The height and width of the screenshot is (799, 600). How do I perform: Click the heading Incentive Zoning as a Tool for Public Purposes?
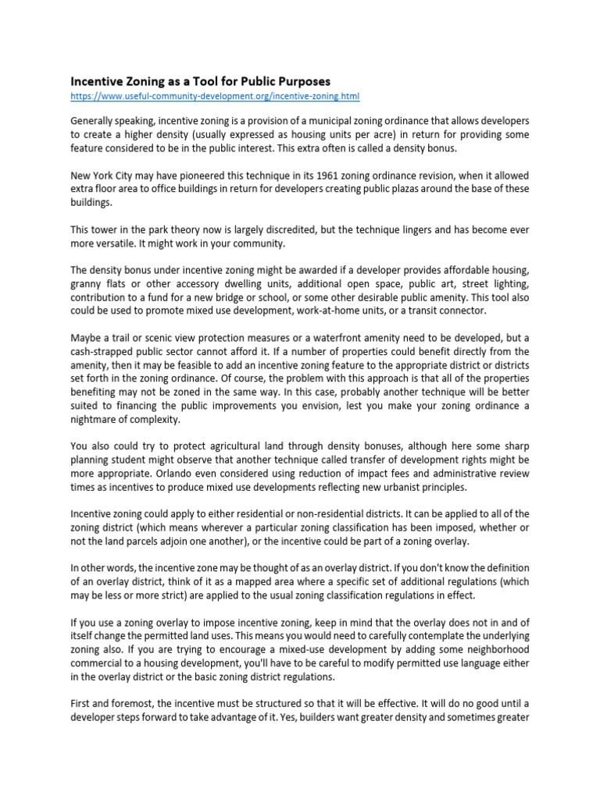[201, 81]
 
